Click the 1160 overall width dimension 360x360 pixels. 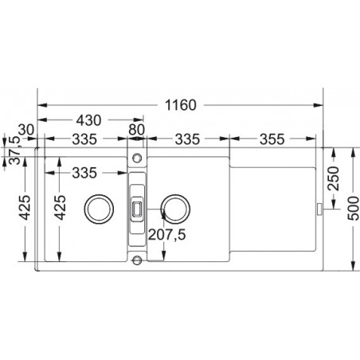click(181, 105)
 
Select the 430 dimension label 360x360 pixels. click(88, 120)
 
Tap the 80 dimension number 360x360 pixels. click(136, 130)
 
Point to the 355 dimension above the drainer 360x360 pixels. click(272, 139)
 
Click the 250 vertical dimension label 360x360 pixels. click(334, 178)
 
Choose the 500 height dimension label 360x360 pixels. click(353, 208)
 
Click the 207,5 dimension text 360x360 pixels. click(166, 234)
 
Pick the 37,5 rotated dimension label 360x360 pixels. click(15, 151)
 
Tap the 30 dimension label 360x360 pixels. click(26, 130)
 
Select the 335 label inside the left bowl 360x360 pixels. click(84, 173)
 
